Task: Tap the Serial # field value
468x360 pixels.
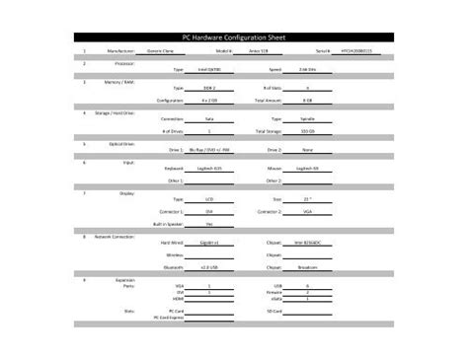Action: [359, 49]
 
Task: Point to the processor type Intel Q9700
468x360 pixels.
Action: [209, 70]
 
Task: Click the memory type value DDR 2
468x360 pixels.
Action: [209, 89]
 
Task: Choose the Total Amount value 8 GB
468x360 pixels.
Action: [307, 101]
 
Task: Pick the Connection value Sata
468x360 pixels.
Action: [209, 119]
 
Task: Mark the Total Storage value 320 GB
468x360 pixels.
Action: [307, 131]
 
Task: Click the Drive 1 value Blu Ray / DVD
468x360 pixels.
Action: [209, 150]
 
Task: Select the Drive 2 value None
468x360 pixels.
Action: [307, 150]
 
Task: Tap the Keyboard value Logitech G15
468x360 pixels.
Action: [209, 169]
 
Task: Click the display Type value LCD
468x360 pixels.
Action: [209, 199]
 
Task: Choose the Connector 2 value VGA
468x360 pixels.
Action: [307, 211]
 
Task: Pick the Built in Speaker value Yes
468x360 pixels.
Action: [209, 224]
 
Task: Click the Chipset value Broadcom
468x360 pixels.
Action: [307, 266]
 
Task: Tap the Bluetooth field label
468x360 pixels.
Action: [175, 266]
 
